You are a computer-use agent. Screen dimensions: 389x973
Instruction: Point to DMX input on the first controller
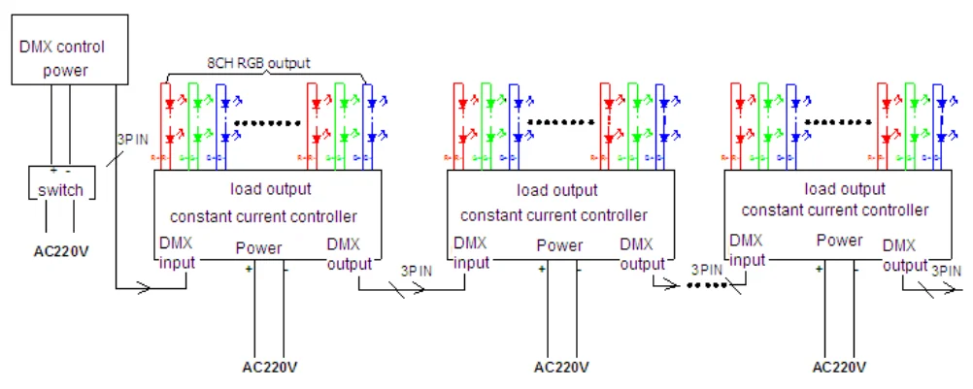(178, 252)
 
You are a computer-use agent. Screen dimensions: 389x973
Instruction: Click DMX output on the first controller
(349, 252)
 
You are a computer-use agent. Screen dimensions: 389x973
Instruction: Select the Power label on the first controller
(258, 248)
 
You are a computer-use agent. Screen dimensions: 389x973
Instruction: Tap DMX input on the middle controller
(471, 252)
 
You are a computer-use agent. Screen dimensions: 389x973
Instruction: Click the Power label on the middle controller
(561, 246)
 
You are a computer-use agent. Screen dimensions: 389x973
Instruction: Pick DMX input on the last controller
(748, 249)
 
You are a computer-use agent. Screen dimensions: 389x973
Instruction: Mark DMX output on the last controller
(905, 256)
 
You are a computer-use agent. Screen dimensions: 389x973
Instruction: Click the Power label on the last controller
(839, 241)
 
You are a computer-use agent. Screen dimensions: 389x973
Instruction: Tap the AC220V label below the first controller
(269, 368)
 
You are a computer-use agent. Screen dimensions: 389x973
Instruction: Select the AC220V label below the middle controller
(561, 368)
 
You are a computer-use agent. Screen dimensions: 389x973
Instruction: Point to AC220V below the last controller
(839, 368)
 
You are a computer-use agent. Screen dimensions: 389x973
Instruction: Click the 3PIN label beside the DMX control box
(133, 140)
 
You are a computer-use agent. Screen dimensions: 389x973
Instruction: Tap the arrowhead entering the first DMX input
(146, 287)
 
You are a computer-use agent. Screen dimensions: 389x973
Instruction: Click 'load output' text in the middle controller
(556, 191)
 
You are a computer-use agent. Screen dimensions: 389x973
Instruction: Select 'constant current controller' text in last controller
(835, 210)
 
